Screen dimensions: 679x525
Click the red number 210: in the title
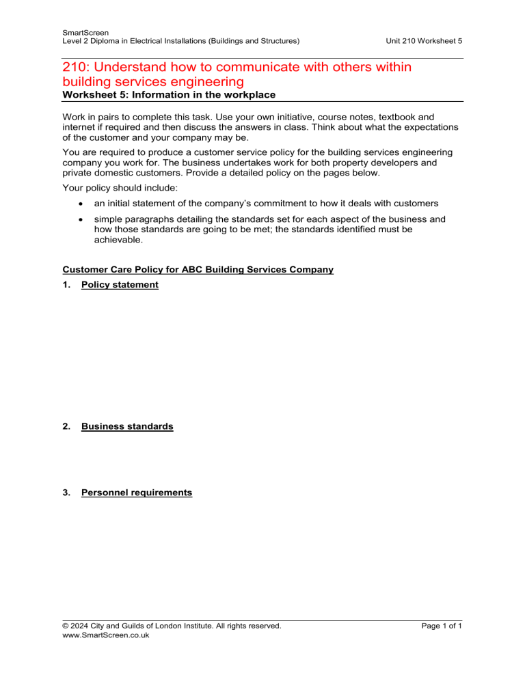(x=78, y=70)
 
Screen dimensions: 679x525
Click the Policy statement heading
(x=120, y=285)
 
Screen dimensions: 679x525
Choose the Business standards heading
(x=127, y=426)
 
